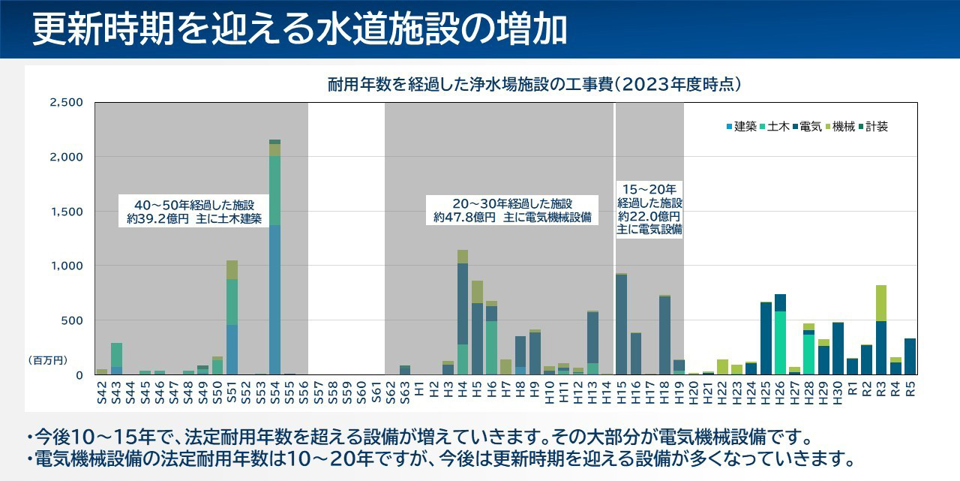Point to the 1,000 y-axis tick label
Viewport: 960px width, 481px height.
(x=66, y=266)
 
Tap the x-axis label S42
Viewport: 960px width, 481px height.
(x=102, y=390)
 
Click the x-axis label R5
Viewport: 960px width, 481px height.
(x=910, y=389)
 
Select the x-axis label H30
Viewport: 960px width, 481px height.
(x=838, y=390)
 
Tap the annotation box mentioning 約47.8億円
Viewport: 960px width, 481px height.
(x=512, y=210)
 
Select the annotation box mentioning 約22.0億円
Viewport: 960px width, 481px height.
(x=649, y=209)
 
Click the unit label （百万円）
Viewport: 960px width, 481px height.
(x=48, y=361)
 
